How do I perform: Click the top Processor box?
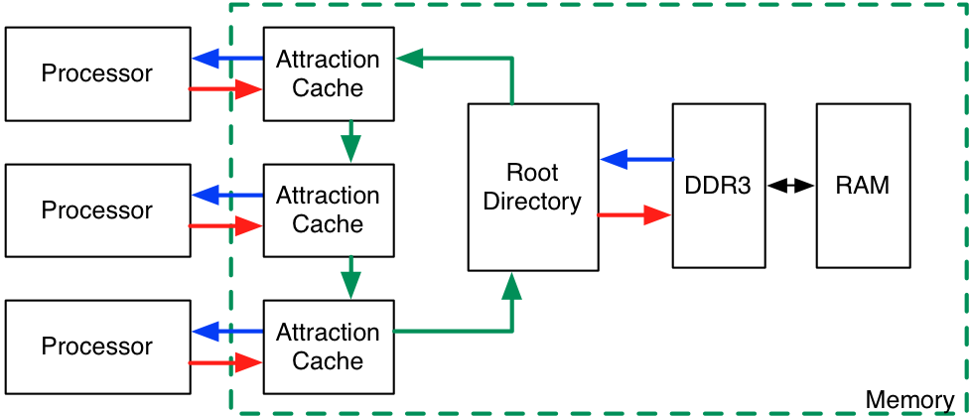pos(97,73)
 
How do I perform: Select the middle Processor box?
pos(97,210)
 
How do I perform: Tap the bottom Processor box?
pos(97,347)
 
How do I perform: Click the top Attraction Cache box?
pos(328,73)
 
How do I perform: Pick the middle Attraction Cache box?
pos(328,210)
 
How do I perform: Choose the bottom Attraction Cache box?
pos(328,347)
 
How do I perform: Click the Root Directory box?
pos(533,187)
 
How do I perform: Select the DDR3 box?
pos(719,186)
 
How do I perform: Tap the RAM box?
pos(863,186)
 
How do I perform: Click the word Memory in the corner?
pos(909,401)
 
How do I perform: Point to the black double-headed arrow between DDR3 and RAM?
pos(790,186)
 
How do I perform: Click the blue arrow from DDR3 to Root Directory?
pos(635,159)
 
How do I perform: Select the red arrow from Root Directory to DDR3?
pos(635,214)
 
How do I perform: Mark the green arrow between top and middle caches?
pos(350,141)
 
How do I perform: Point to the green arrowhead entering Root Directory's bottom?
pos(512,288)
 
